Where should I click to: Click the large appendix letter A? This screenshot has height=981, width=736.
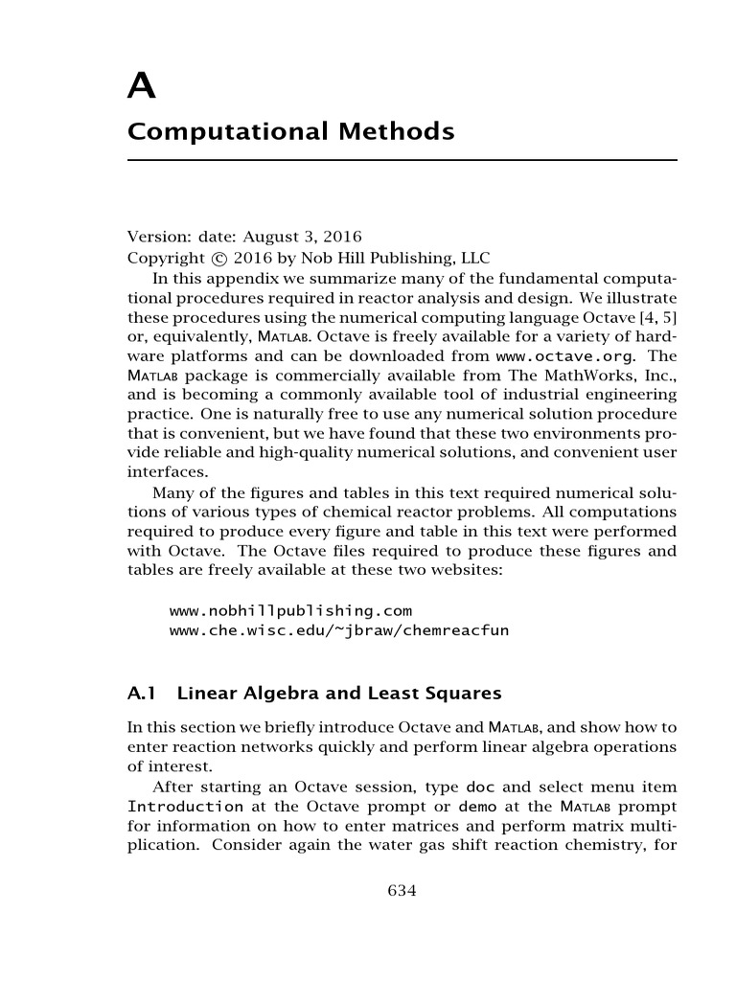(x=142, y=87)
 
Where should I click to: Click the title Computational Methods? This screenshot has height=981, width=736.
(x=290, y=131)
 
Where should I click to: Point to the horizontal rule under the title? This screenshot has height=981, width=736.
(x=402, y=160)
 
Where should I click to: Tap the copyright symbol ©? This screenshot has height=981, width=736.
(x=219, y=258)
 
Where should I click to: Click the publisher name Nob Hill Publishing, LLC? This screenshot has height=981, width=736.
(x=408, y=258)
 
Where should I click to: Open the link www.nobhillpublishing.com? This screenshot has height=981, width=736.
(x=290, y=610)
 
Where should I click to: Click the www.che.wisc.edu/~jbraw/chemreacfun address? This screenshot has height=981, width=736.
(x=326, y=629)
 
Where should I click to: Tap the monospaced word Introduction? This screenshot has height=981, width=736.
(x=186, y=807)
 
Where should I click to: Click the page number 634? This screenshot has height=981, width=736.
(x=402, y=891)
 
